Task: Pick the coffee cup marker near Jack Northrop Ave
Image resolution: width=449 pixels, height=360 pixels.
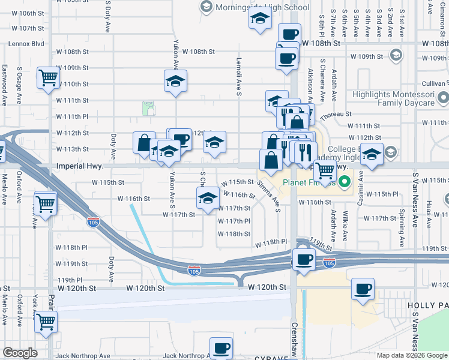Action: pos(221,349)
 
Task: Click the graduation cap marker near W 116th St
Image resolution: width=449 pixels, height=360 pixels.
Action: pos(208,199)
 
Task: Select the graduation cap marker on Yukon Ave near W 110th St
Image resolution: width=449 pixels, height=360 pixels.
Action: pos(175,82)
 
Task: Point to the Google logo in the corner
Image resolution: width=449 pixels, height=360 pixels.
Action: pos(20,352)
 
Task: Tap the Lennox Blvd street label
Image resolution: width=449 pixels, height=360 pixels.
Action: pos(26,44)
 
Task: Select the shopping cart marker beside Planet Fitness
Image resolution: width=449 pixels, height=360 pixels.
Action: pos(325,170)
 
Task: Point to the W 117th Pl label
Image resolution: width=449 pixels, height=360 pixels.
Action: pos(234,221)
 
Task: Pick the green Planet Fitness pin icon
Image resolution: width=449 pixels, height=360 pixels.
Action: pos(345,182)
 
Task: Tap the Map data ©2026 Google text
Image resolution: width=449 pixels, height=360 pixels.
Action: pos(412,355)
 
